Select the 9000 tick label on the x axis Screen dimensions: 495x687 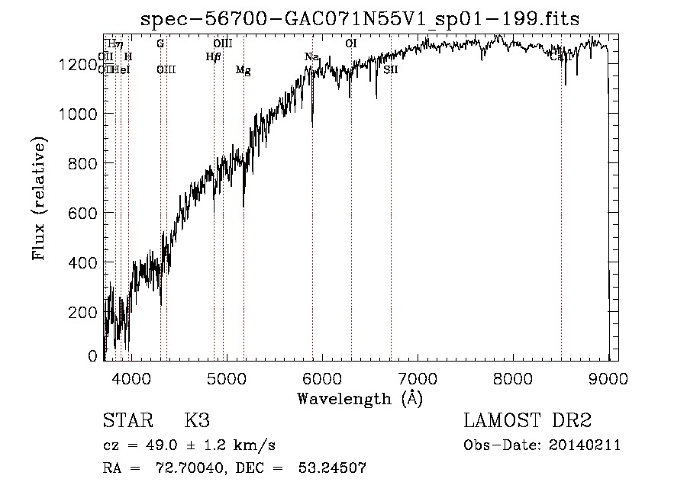(608, 378)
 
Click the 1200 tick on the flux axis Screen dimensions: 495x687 (79, 65)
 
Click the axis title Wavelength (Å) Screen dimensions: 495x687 (360, 398)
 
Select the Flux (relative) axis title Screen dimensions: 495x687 (39, 198)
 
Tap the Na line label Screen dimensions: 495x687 (311, 57)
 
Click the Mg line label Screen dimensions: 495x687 (244, 70)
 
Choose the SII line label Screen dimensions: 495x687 (391, 69)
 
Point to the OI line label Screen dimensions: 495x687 (351, 43)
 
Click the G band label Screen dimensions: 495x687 (160, 43)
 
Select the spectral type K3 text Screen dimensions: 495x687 (197, 421)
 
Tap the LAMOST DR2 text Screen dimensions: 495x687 (527, 421)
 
